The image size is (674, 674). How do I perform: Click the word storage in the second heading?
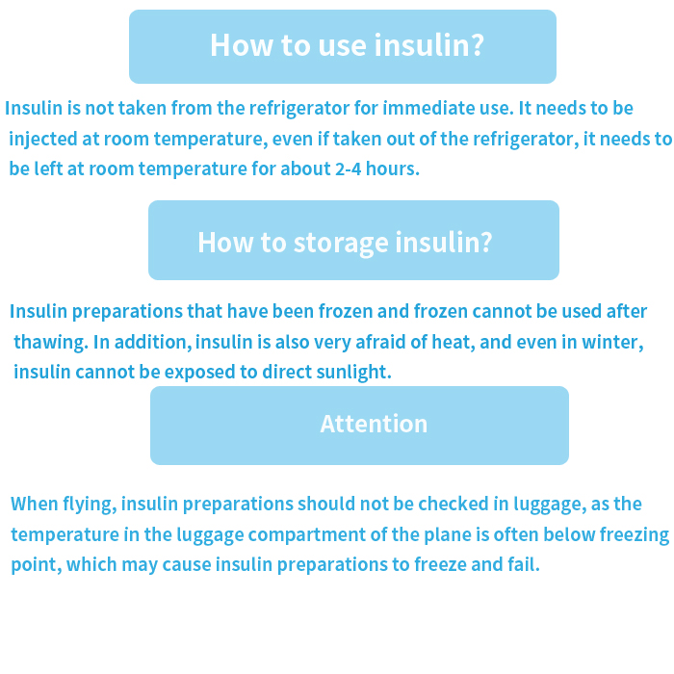tap(342, 244)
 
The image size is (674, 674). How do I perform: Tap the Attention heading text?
tap(374, 424)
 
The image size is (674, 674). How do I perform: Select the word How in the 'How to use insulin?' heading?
tap(242, 44)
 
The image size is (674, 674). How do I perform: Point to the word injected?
tap(43, 140)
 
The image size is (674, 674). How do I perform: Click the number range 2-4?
tap(349, 168)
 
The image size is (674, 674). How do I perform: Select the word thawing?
tap(51, 343)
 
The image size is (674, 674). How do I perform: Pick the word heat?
tap(454, 343)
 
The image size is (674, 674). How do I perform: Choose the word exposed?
tap(200, 373)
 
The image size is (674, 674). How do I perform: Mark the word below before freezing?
tap(569, 534)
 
